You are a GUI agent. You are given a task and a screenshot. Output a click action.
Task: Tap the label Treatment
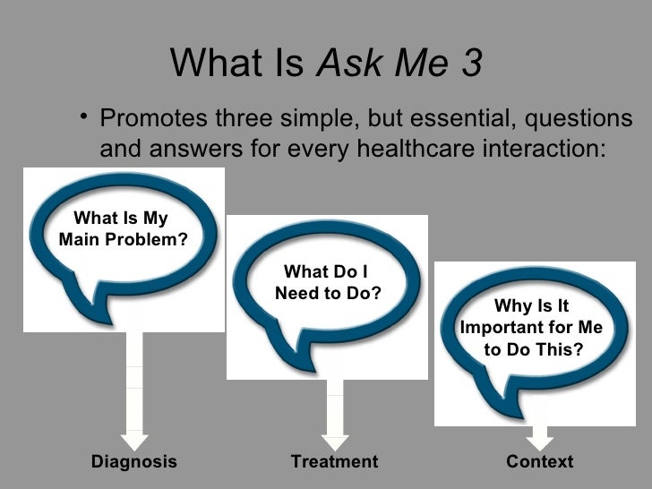point(334,462)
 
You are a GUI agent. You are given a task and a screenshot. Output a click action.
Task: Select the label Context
point(539,462)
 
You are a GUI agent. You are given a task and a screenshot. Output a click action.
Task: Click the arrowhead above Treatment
point(334,440)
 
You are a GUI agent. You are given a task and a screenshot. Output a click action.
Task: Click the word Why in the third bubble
point(511,307)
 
